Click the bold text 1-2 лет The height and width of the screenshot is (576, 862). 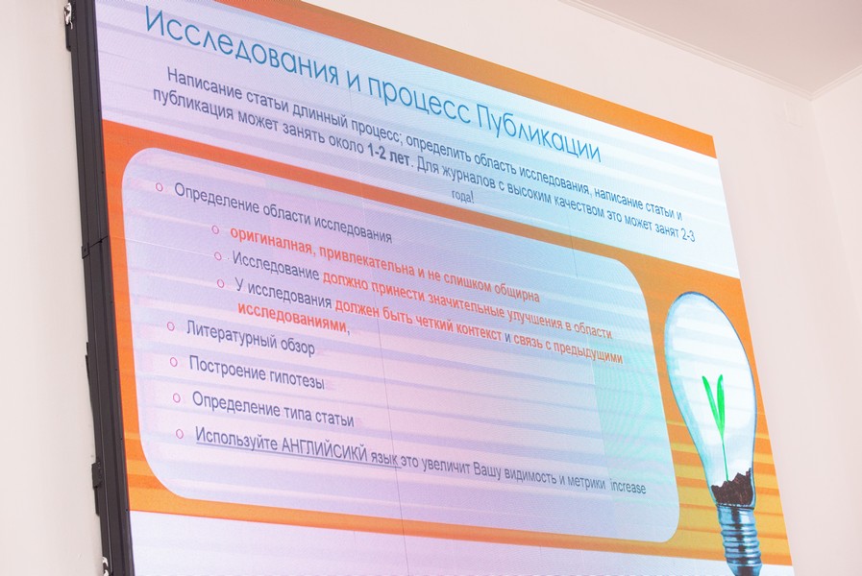click(x=387, y=155)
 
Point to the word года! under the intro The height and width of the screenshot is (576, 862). click(x=462, y=197)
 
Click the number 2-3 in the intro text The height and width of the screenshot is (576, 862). click(x=687, y=233)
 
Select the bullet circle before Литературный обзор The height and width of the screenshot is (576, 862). click(x=171, y=326)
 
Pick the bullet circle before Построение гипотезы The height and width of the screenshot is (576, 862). click(x=174, y=362)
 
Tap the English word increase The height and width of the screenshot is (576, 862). click(x=628, y=485)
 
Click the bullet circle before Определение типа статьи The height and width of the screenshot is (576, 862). click(x=177, y=398)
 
